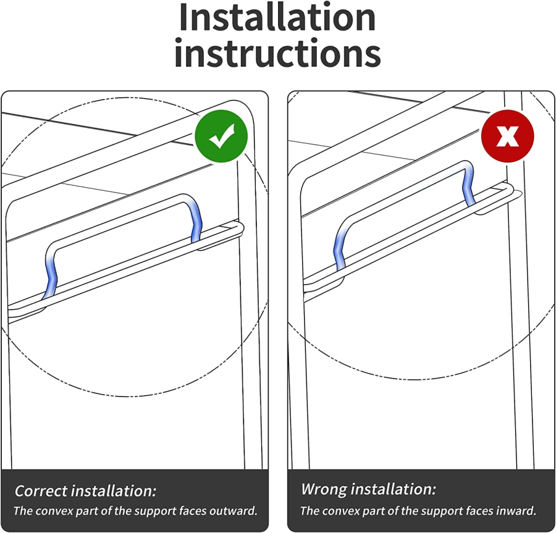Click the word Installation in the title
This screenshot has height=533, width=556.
point(277,17)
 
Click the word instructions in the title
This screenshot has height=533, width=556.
point(277,53)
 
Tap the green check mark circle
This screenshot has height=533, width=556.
point(221,136)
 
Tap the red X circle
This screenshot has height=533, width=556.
point(507,136)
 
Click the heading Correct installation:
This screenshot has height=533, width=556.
point(85,491)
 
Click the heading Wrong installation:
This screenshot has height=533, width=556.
point(368,489)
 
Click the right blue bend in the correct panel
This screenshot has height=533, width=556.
point(195,220)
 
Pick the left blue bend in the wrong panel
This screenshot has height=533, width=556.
point(339,248)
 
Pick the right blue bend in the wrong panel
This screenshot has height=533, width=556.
point(469,185)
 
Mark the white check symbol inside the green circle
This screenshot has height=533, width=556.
point(222,136)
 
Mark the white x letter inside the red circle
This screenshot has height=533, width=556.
point(507,136)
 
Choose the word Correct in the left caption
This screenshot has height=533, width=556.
point(41,491)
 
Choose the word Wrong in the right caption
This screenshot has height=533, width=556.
point(324,489)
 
